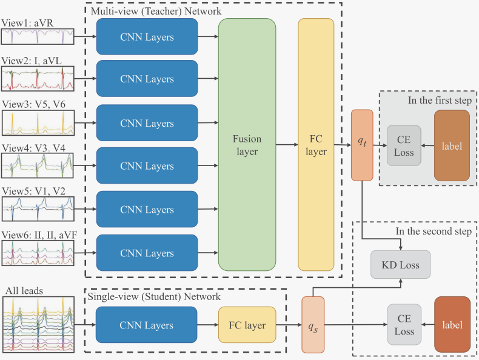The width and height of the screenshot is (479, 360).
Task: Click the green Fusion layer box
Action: pyautogui.click(x=246, y=144)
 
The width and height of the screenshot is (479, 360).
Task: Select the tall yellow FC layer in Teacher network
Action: pyautogui.click(x=316, y=144)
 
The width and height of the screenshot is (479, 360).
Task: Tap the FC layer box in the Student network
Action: pyautogui.click(x=246, y=325)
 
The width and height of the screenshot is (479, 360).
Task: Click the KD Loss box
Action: pyautogui.click(x=400, y=265)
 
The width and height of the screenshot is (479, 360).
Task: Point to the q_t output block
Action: pyautogui.click(x=362, y=145)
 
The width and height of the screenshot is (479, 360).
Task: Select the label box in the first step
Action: pyautogui.click(x=451, y=145)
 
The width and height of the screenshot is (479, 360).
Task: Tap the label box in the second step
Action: pyautogui.click(x=452, y=325)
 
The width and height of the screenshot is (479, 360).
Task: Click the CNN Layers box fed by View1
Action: pyautogui.click(x=147, y=37)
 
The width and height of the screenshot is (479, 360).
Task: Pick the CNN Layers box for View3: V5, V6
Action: pyautogui.click(x=147, y=124)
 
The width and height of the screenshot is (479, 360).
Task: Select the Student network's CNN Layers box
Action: pyautogui.click(x=147, y=325)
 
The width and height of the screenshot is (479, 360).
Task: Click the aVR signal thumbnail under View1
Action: pyautogui.click(x=37, y=37)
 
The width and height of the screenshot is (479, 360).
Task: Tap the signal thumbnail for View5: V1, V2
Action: pyautogui.click(x=37, y=210)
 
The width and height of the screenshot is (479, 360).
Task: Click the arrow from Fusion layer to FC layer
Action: pyautogui.click(x=286, y=145)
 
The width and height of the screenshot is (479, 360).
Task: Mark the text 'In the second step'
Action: pyautogui.click(x=432, y=231)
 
